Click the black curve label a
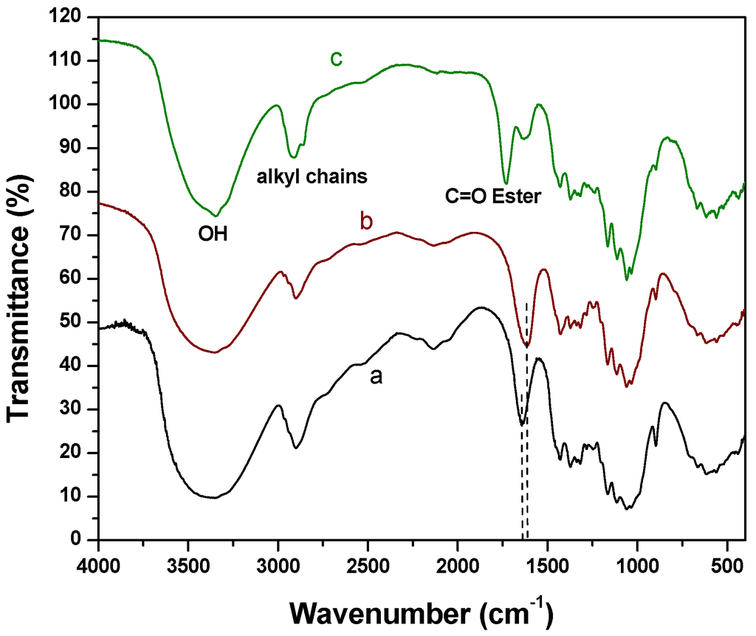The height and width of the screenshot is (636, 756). click(377, 377)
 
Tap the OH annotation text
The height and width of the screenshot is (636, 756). click(213, 236)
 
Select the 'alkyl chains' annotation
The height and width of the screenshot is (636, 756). click(312, 177)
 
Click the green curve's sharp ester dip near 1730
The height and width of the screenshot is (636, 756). click(506, 182)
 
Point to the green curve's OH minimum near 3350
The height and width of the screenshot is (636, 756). click(216, 215)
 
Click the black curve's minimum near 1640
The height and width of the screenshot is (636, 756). click(521, 425)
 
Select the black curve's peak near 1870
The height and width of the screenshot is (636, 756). click(481, 307)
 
